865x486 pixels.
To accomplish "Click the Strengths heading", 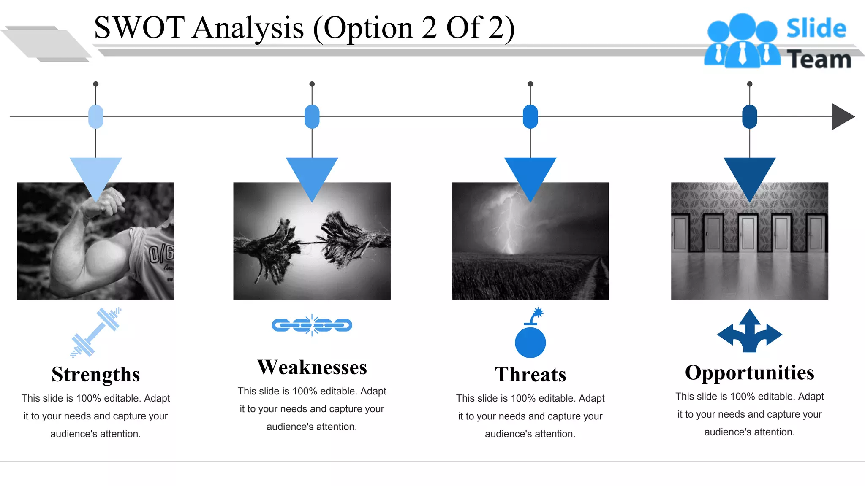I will pos(95,375).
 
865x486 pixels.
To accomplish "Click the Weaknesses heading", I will pos(312,367).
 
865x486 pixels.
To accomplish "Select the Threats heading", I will pos(530,375).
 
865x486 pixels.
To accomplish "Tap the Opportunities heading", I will pos(749,373).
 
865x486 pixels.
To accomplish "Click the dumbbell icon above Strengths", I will pos(95,332).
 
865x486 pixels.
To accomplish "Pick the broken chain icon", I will pos(312,325).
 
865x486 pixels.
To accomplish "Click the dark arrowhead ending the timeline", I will pos(841,117).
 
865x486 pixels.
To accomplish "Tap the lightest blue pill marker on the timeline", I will pos(96,117).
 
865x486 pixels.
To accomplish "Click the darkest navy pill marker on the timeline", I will pos(749,117).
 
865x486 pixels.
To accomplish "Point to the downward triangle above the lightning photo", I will pos(530,175).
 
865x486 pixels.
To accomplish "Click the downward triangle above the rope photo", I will pos(312,175).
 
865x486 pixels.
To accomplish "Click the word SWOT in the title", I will pos(139,28).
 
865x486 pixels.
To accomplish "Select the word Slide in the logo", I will pos(816,29).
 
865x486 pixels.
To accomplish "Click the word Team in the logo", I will pos(819,59).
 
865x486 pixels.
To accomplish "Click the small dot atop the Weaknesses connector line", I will pos(312,84).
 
